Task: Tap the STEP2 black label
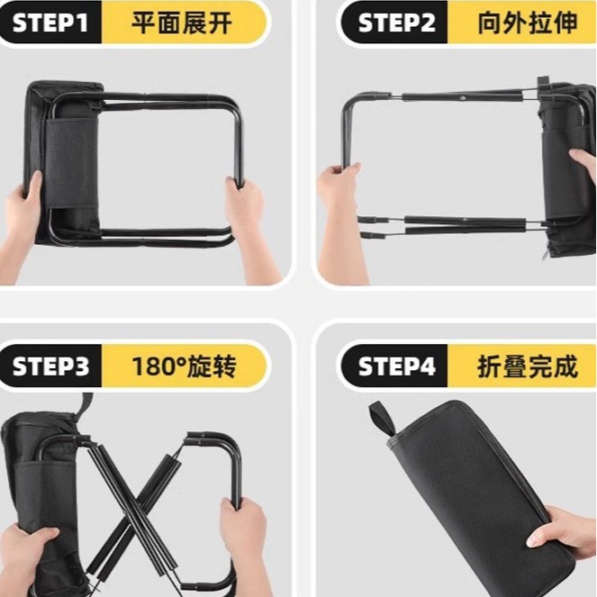point(396,23)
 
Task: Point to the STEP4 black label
point(396,366)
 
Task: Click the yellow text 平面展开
point(183,23)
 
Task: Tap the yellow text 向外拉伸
point(527,23)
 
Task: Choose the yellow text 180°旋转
point(183,366)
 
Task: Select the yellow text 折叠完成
point(527,366)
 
